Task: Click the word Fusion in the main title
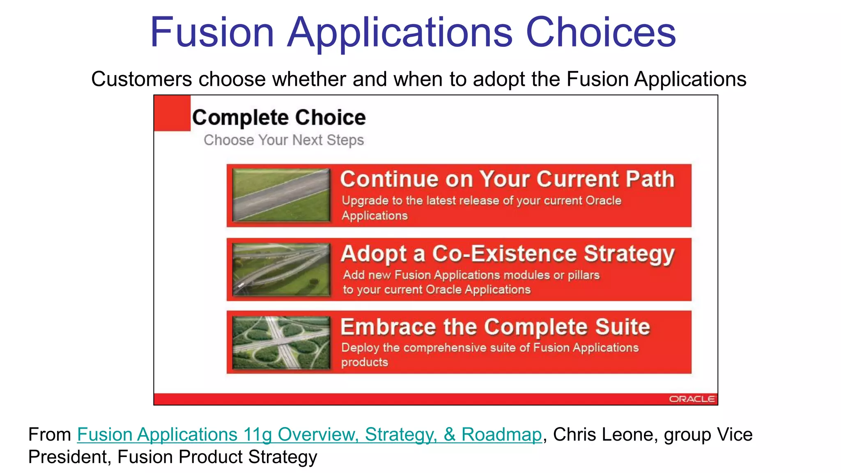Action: click(212, 32)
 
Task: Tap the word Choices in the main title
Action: click(600, 32)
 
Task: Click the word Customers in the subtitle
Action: click(141, 79)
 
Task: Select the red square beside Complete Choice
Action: click(172, 113)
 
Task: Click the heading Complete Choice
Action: click(279, 118)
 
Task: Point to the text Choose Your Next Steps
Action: click(284, 140)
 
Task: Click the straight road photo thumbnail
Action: click(281, 195)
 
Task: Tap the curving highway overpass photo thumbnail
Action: click(281, 270)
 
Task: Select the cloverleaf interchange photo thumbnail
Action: click(281, 342)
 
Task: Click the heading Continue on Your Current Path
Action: click(507, 179)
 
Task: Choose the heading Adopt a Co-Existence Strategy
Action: click(507, 253)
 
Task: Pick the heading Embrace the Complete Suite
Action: click(495, 327)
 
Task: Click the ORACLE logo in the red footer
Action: click(692, 399)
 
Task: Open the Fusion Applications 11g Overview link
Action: click(309, 434)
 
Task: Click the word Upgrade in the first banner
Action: click(365, 201)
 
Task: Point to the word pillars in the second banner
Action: click(583, 275)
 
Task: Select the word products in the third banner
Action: click(364, 362)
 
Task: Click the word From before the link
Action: click(50, 434)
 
